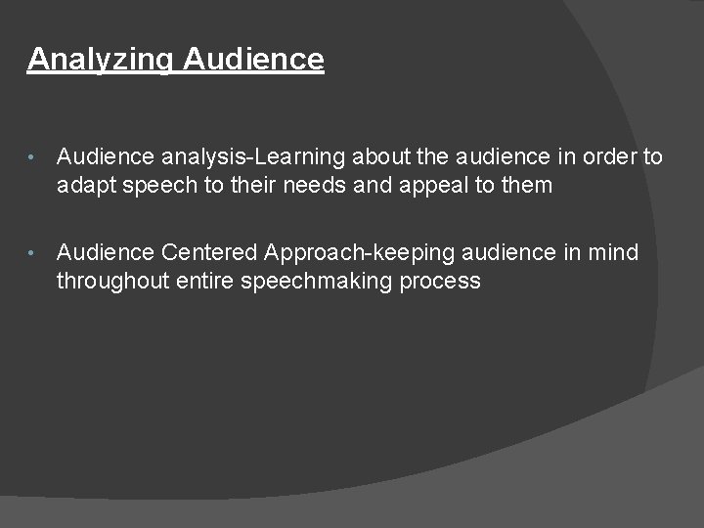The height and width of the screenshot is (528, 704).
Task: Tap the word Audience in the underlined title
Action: pos(253,59)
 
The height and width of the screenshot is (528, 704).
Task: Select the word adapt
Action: pos(85,185)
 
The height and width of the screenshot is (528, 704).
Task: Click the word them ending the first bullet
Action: pos(525,185)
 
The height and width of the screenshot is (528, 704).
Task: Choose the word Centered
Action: pos(210,252)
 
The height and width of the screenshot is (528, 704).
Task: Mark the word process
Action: pos(441,281)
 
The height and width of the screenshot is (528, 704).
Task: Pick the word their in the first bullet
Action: pos(256,185)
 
